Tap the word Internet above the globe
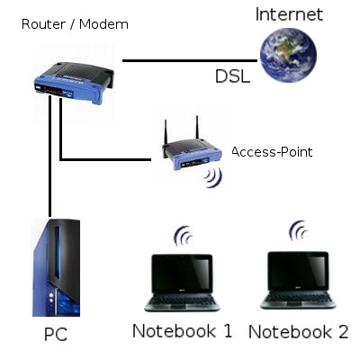(x=289, y=14)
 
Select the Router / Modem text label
(x=75, y=24)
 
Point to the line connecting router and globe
(x=189, y=60)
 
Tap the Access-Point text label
(x=272, y=152)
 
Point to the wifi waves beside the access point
(x=213, y=175)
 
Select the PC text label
(x=56, y=336)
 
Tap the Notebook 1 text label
(x=183, y=330)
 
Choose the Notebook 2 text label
(x=298, y=331)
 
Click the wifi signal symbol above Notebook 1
(x=183, y=237)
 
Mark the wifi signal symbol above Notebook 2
(x=298, y=233)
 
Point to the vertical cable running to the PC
(x=50, y=162)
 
